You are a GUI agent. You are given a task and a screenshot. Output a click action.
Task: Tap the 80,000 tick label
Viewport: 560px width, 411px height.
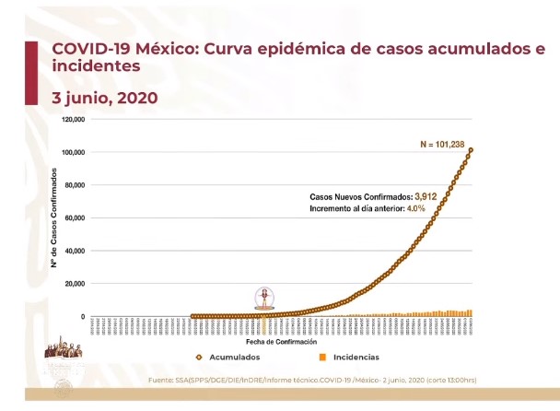click(74, 185)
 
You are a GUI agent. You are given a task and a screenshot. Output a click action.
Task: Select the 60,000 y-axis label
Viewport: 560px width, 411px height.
click(74, 218)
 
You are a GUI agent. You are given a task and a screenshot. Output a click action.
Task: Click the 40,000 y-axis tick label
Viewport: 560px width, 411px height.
click(74, 251)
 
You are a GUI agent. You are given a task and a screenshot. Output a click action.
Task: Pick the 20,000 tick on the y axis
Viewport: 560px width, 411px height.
click(74, 284)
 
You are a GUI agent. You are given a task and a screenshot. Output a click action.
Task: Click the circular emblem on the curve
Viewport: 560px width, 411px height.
click(264, 299)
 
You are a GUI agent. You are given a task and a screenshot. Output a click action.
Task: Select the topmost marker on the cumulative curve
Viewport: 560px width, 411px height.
click(471, 150)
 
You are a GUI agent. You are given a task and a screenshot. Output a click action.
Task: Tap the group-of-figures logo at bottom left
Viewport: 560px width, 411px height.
click(66, 352)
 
